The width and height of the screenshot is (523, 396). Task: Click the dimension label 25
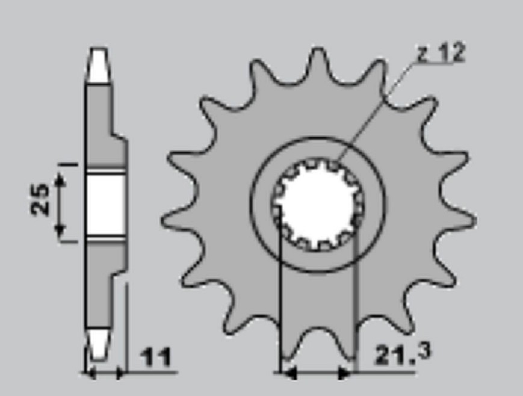pos(40,199)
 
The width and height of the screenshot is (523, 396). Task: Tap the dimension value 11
pos(155,357)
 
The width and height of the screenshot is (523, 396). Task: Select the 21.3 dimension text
pos(403,354)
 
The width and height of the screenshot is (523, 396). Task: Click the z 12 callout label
pos(441,53)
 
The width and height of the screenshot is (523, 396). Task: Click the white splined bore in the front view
pos(317,204)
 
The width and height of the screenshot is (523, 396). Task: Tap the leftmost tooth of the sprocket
pos(179,221)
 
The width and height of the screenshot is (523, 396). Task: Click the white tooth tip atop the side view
pos(99,66)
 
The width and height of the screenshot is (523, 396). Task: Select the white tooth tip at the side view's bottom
pos(99,345)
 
